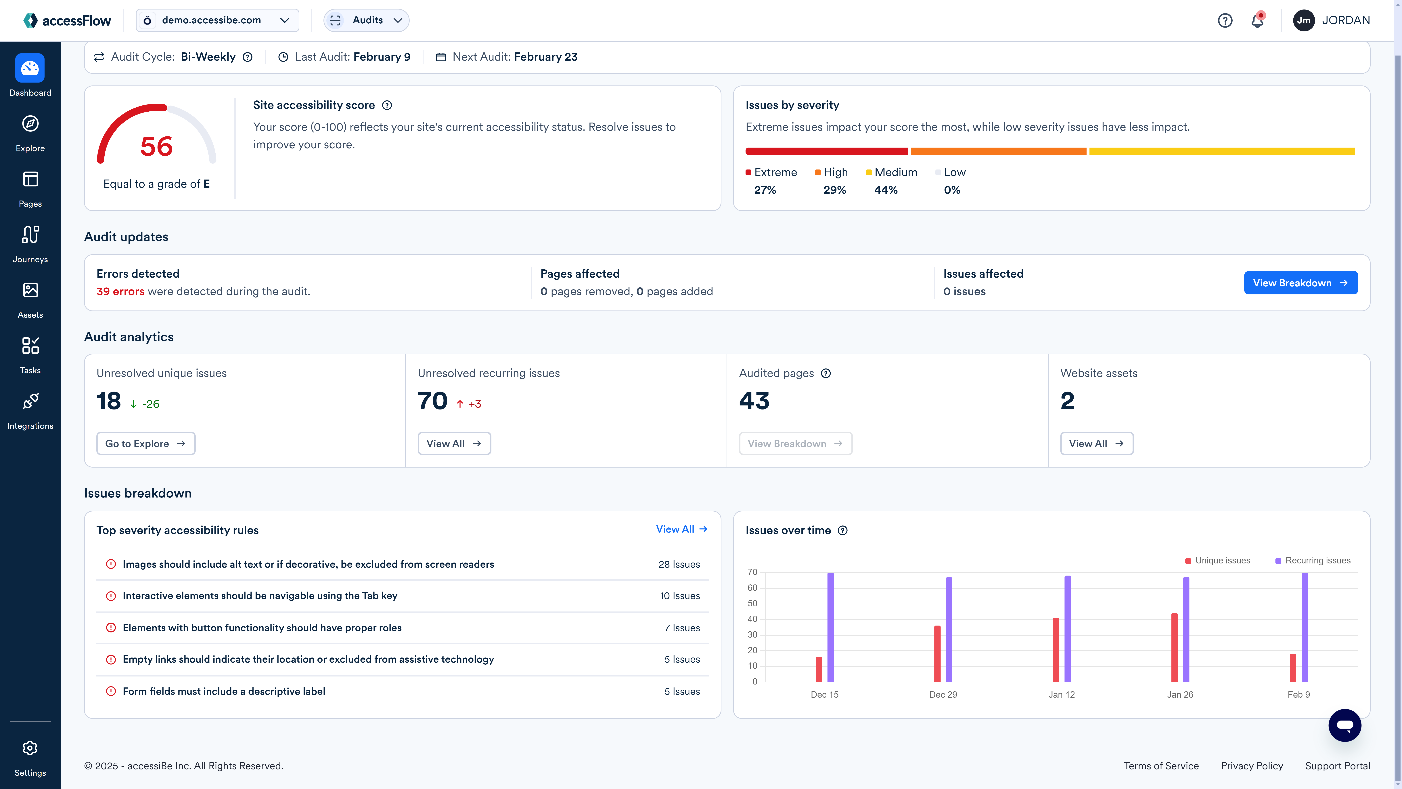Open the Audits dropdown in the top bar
[x=366, y=20]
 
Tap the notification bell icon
[x=1257, y=21]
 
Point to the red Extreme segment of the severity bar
[x=826, y=151]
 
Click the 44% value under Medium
[x=886, y=190]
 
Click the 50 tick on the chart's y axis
[x=752, y=603]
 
